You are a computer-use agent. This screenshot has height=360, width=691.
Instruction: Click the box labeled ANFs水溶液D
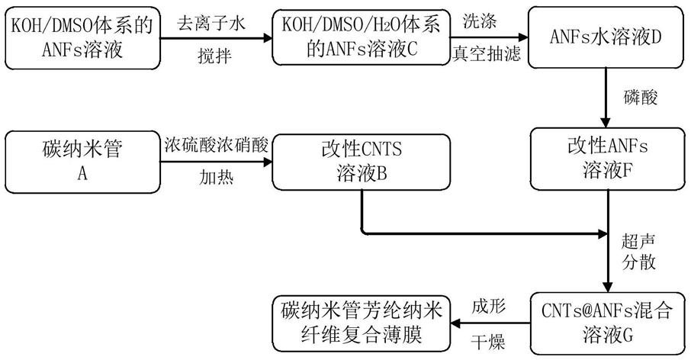click(x=606, y=37)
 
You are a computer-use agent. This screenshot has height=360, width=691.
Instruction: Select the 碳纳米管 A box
click(x=82, y=162)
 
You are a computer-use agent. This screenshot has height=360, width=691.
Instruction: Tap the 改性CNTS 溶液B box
click(x=362, y=162)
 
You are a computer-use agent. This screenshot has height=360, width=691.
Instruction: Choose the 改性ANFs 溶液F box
click(x=607, y=159)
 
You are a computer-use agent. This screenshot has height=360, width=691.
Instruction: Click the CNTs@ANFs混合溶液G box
click(x=607, y=323)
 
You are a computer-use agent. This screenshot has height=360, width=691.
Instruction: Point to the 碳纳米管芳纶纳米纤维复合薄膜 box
click(x=362, y=323)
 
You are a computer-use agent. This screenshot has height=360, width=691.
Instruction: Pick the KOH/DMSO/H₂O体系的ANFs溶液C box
click(x=362, y=37)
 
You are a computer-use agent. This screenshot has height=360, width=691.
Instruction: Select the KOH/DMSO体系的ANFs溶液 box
click(x=82, y=37)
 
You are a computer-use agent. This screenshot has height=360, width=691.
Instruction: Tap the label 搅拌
click(x=214, y=56)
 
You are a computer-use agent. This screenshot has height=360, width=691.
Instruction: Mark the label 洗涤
click(x=480, y=21)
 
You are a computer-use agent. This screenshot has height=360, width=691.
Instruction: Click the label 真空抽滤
click(x=487, y=54)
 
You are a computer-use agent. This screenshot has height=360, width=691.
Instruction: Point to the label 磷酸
click(x=641, y=98)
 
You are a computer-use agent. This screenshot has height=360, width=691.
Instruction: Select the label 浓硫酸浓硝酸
click(x=217, y=144)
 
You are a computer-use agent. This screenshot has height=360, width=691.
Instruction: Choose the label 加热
click(x=216, y=178)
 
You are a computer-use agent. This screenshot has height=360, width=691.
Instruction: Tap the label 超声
click(x=638, y=242)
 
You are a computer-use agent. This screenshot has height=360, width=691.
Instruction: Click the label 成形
click(x=488, y=307)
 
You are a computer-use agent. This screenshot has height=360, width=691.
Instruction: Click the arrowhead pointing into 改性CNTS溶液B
click(x=268, y=162)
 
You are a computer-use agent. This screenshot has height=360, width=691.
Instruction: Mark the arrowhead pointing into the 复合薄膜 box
click(x=455, y=323)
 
